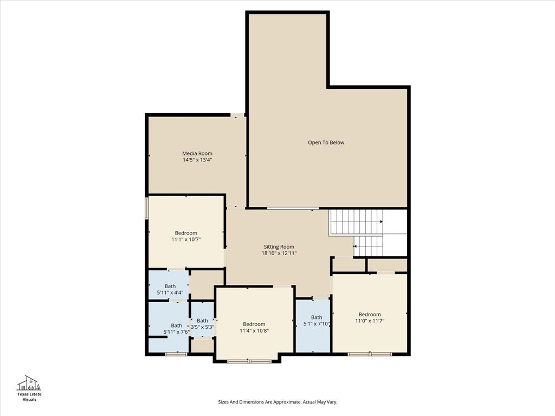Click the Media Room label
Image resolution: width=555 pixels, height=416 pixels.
[197, 153]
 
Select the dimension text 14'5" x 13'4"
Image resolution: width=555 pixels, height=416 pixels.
[197, 160]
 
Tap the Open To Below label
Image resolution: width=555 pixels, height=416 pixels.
[326, 142]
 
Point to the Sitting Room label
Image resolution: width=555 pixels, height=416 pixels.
[279, 246]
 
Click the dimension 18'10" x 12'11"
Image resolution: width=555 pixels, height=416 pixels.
[279, 253]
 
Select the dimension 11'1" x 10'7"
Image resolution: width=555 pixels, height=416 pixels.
[186, 239]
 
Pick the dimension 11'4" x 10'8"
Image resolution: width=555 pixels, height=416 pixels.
[254, 330]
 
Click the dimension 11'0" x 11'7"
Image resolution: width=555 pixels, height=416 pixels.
[370, 321]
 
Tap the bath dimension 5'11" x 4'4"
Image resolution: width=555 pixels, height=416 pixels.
[170, 292]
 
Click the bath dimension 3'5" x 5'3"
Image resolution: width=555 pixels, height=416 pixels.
[202, 327]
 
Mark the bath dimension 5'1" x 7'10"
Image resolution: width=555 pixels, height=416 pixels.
[317, 324]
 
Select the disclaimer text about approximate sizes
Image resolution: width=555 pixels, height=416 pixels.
[277, 402]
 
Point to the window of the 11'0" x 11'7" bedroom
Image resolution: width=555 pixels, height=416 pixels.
[370, 354]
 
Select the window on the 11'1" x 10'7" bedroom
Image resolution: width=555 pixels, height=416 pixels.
[146, 209]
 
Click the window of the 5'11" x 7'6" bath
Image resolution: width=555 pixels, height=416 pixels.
[176, 354]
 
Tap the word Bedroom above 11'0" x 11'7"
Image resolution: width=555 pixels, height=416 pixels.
[370, 314]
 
